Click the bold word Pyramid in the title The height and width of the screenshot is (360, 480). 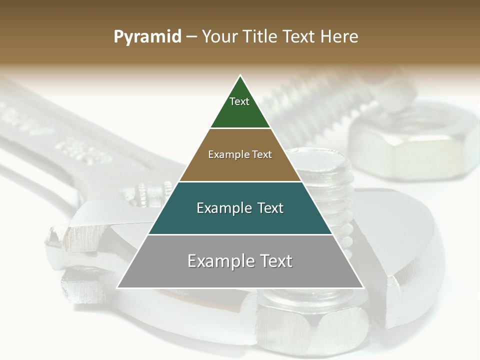tap(147, 37)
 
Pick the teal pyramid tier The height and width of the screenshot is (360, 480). tap(240, 220)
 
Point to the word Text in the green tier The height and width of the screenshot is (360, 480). tap(239, 101)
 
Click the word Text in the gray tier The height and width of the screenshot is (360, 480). tap(274, 261)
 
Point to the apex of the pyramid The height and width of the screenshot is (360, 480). tap(240, 76)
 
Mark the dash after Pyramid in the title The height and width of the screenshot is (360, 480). tap(191, 37)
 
